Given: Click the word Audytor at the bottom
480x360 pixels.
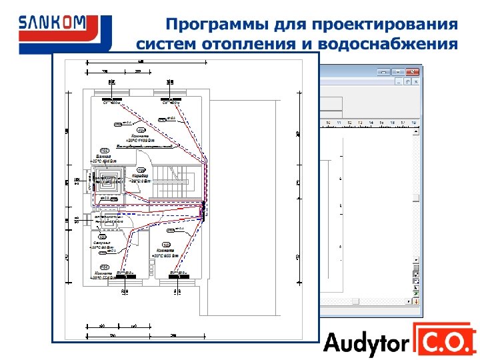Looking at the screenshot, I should pyautogui.click(x=366, y=343).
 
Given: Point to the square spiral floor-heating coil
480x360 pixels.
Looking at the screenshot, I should pyautogui.click(x=107, y=180).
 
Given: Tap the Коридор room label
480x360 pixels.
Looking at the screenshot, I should pyautogui.click(x=141, y=176).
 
